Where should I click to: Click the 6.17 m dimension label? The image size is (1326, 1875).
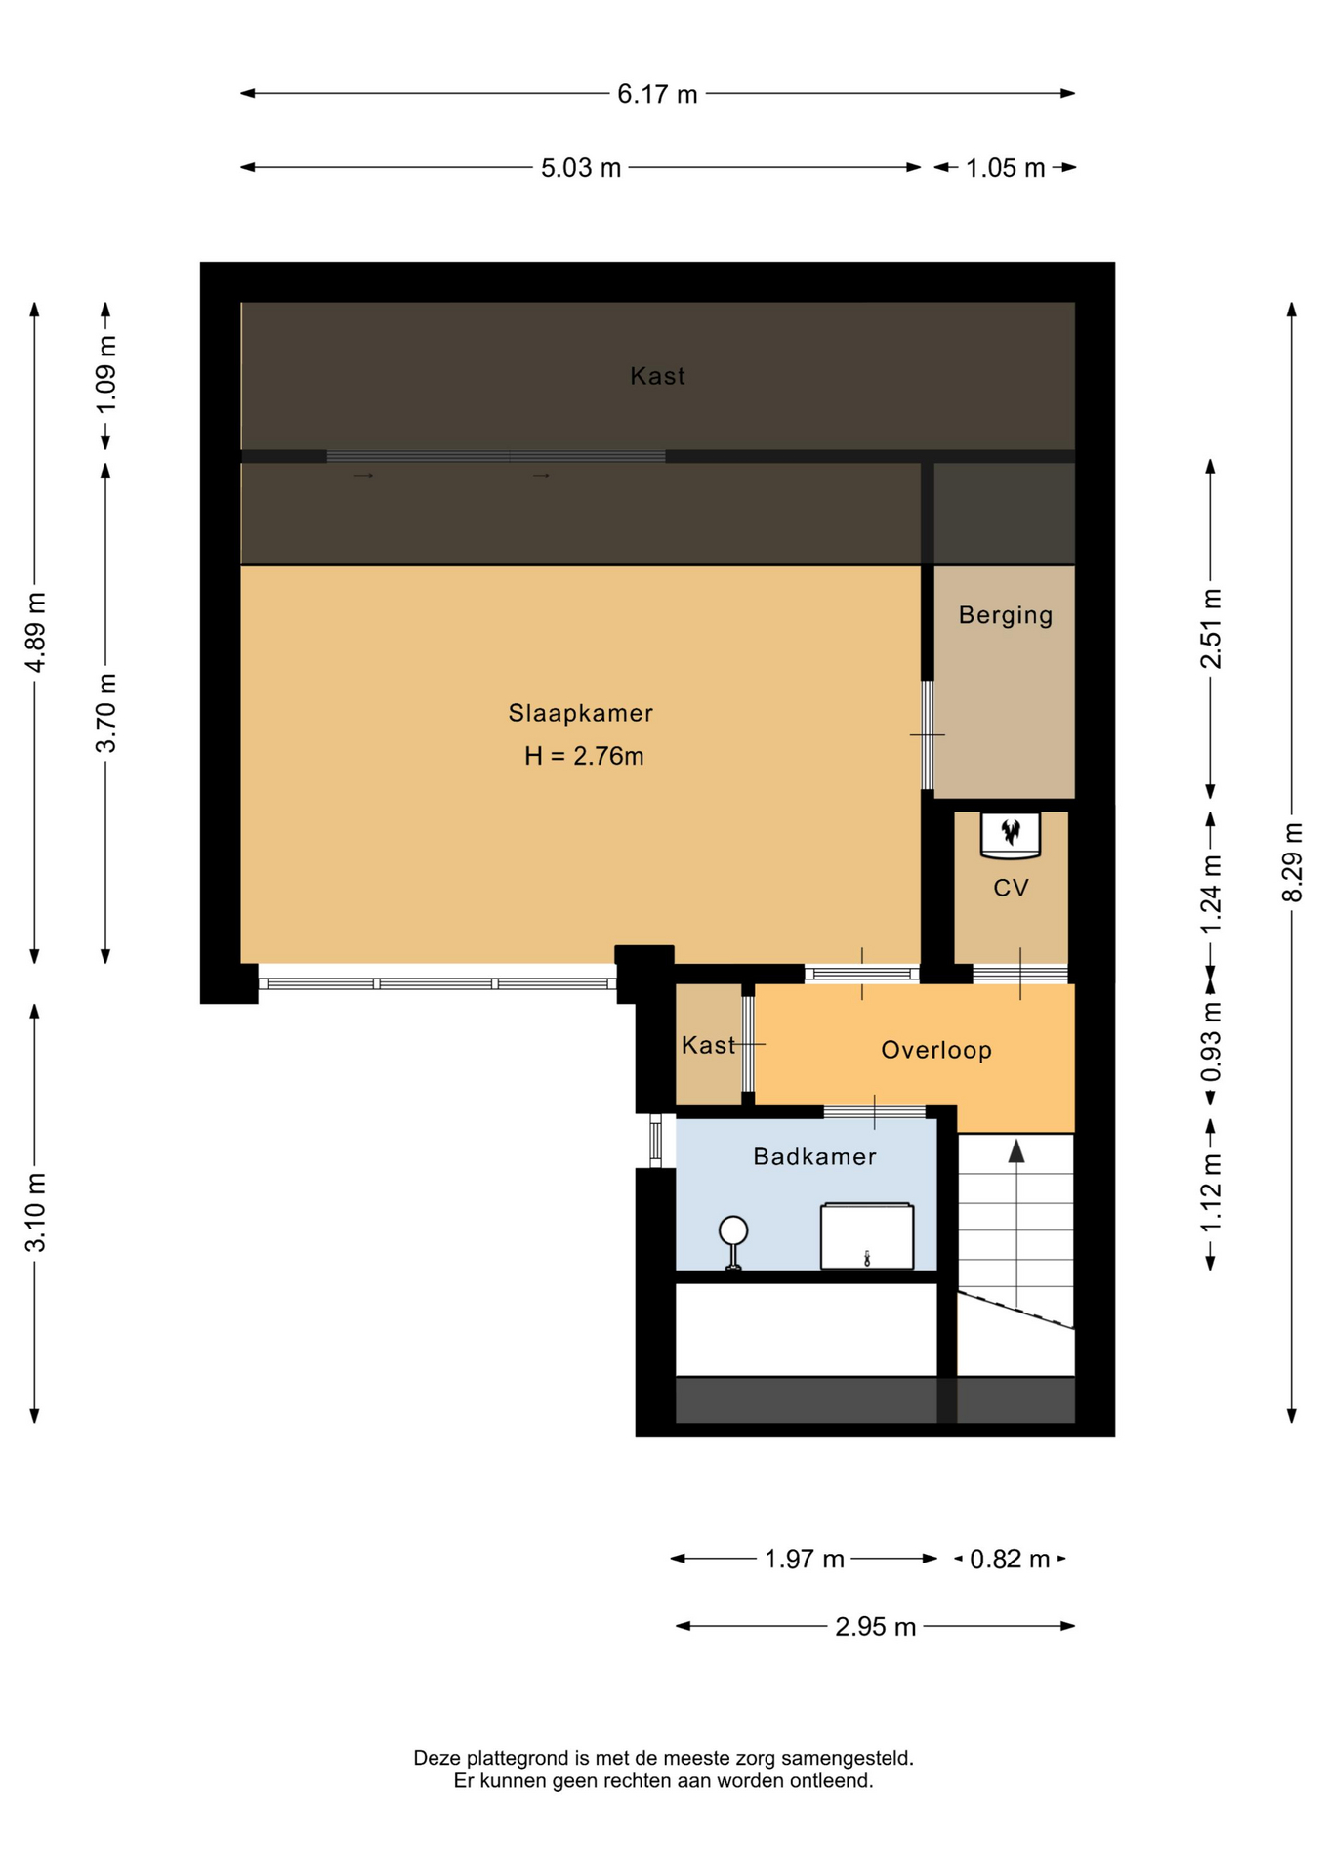pyautogui.click(x=657, y=94)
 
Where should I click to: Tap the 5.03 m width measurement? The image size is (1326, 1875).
pyautogui.click(x=581, y=168)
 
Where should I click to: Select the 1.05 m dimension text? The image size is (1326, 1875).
pyautogui.click(x=1006, y=168)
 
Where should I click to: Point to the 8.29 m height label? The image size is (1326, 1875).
pyautogui.click(x=1292, y=862)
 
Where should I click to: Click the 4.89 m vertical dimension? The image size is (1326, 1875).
pyautogui.click(x=35, y=632)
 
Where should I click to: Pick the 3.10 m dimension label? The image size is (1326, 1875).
pyautogui.click(x=35, y=1213)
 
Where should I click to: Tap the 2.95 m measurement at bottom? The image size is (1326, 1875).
pyautogui.click(x=876, y=1627)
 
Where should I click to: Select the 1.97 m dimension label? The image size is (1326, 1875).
pyautogui.click(x=805, y=1559)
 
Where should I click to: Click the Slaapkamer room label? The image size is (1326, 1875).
pyautogui.click(x=581, y=714)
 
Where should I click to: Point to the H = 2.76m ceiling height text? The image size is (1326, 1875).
pyautogui.click(x=584, y=756)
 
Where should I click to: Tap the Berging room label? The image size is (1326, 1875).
pyautogui.click(x=1006, y=616)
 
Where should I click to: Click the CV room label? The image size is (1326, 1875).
pyautogui.click(x=1011, y=888)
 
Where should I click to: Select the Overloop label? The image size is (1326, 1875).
pyautogui.click(x=936, y=1051)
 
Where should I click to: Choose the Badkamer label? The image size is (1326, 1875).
pyautogui.click(x=814, y=1157)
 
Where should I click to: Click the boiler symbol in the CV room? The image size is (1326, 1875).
pyautogui.click(x=1011, y=835)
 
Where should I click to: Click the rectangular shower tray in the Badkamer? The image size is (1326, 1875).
pyautogui.click(x=867, y=1236)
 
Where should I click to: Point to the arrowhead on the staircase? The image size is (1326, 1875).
pyautogui.click(x=1016, y=1151)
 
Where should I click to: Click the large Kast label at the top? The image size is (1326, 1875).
pyautogui.click(x=657, y=377)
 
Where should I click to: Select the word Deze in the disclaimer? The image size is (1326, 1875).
pyautogui.click(x=435, y=1759)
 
